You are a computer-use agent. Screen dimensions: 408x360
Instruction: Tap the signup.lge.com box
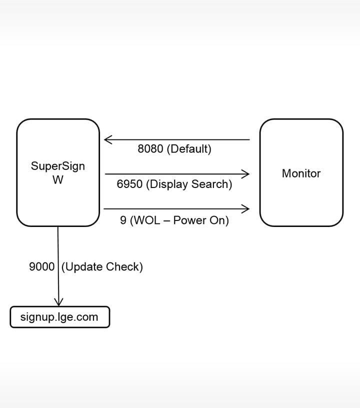pos(59,317)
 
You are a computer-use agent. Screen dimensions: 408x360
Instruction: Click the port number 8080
pos(150,149)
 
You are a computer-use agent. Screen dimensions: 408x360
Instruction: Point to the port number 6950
pos(130,184)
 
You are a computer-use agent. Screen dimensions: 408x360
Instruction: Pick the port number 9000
pos(42,267)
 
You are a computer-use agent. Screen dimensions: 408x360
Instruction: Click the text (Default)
pos(189,149)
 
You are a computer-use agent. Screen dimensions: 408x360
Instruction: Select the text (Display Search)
pos(189,184)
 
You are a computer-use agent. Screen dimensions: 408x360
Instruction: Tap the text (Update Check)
pos(102,267)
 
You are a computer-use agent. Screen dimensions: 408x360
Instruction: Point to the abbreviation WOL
pos(147,220)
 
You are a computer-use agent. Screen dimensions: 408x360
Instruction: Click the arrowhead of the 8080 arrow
pos(106,139)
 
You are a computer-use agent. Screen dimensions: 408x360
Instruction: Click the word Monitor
pos(301,173)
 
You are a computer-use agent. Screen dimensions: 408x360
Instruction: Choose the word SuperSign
pos(58,166)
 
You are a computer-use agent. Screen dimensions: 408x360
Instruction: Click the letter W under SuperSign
pos(58,180)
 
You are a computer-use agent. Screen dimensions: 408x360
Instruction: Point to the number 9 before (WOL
pos(123,220)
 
